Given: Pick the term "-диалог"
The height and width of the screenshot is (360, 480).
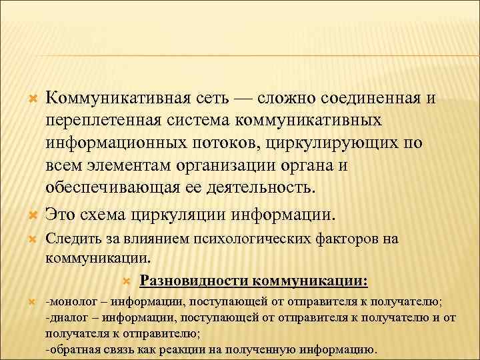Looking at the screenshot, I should click(x=64, y=316).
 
